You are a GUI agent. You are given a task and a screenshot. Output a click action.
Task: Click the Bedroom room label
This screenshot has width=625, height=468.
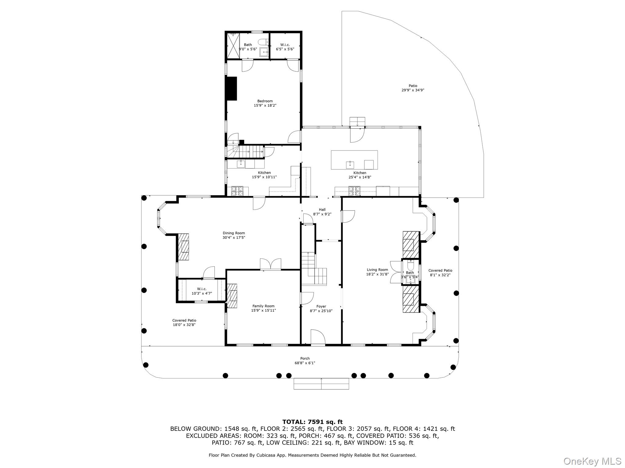point(265,101)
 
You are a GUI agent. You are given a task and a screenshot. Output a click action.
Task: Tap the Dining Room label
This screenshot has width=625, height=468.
point(234,233)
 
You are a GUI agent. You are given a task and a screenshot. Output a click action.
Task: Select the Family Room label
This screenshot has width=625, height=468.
point(263,306)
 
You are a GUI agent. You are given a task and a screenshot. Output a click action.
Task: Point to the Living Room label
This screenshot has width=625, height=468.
point(377,270)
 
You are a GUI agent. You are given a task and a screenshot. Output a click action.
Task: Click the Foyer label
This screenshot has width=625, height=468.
point(321,307)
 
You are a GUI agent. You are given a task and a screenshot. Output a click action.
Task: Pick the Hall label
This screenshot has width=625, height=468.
point(322,210)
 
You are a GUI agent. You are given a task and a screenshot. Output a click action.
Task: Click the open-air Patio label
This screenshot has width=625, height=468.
point(413,86)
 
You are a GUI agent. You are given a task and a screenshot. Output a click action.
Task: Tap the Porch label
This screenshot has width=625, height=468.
point(305,359)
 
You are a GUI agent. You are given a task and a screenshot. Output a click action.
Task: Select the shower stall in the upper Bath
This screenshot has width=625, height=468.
point(233,46)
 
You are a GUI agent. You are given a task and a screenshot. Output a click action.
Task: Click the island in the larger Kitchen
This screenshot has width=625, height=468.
point(354,160)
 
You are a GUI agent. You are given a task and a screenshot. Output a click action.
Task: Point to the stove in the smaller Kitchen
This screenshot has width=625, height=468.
point(237,191)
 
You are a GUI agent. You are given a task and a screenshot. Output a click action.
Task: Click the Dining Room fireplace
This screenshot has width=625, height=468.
point(183,247)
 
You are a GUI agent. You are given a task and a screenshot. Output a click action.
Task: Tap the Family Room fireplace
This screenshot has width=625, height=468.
point(232,296)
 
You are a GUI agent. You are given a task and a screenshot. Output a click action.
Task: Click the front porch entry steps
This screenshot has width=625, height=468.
point(321,384)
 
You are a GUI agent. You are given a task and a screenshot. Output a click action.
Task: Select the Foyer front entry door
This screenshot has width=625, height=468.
point(318,337)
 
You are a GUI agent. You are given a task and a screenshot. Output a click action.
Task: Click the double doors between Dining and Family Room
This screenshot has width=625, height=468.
point(270,264)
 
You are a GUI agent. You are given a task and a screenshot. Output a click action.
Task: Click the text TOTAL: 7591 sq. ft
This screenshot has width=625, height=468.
point(312,422)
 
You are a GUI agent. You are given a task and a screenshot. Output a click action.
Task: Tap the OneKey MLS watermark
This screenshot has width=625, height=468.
point(592,461)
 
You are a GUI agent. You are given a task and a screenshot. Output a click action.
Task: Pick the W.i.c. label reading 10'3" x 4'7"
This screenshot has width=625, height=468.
point(202,293)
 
